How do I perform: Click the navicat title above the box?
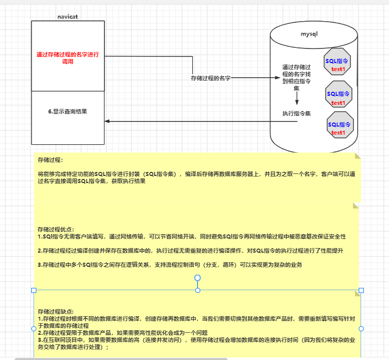coord(67,17)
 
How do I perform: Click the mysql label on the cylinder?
coord(309,34)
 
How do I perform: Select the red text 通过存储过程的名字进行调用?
coord(68,58)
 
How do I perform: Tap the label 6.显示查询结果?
coord(68,111)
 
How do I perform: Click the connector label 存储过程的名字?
coord(210,78)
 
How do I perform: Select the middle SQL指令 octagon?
coord(338,95)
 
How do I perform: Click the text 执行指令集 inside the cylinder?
coord(296,113)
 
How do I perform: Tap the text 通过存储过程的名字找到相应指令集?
coord(296,77)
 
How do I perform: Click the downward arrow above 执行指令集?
coord(297,98)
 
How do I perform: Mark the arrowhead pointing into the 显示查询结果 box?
coord(107,121)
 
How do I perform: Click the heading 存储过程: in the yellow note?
coord(50,160)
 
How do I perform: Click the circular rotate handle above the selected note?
coord(198,278)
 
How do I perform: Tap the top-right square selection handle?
coord(361,290)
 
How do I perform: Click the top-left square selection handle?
coord(34,290)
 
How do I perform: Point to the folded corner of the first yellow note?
coord(358,156)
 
